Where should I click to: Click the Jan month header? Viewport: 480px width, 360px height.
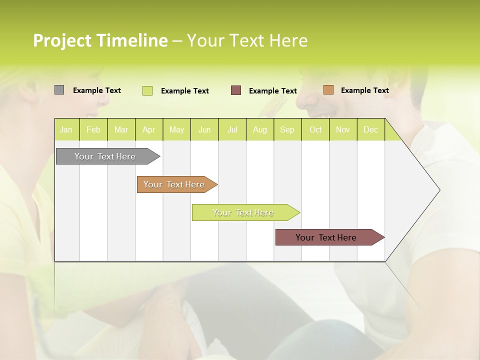tap(66, 130)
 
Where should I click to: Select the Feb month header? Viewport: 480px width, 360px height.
tap(93, 130)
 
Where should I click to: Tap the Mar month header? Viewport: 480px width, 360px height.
tap(121, 130)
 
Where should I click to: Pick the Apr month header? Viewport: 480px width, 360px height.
tap(149, 130)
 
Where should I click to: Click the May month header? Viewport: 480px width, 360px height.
tap(176, 130)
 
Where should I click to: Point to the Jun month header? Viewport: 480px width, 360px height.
tap(204, 130)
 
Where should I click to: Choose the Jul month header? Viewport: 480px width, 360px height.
tap(232, 130)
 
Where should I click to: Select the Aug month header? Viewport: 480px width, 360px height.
tap(260, 130)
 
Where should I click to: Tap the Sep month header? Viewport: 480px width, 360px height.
tap(287, 130)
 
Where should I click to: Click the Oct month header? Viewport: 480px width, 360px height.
tap(315, 130)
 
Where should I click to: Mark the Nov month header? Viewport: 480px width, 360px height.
tap(343, 130)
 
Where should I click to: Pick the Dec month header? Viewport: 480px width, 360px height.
tap(371, 130)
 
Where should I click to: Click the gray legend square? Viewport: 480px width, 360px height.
tap(59, 90)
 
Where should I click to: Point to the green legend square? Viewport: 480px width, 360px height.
tap(147, 90)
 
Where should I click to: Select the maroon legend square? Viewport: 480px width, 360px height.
tap(236, 90)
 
